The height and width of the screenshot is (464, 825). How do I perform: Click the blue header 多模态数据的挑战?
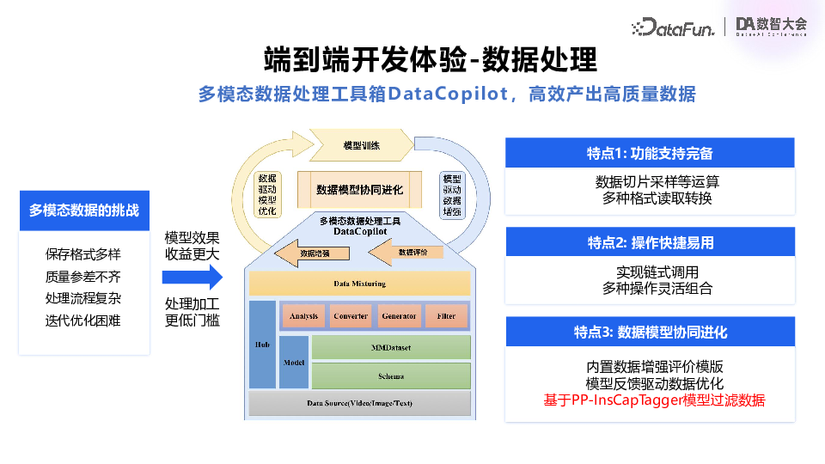tap(84, 210)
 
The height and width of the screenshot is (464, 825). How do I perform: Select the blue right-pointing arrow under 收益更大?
tap(192, 277)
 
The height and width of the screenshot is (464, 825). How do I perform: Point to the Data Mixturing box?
tap(359, 284)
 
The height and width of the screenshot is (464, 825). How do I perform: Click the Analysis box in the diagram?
tap(303, 316)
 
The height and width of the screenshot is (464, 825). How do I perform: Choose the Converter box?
tap(351, 316)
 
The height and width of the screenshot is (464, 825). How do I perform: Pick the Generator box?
tap(399, 316)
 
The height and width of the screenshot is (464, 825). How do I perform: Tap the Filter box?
tap(446, 316)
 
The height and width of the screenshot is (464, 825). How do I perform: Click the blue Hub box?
tap(262, 344)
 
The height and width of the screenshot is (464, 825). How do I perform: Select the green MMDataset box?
tap(391, 347)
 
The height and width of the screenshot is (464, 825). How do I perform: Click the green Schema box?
tap(391, 375)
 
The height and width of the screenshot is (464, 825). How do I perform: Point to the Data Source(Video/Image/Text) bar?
tap(359, 403)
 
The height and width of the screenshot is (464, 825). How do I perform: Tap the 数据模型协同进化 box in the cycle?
tap(359, 189)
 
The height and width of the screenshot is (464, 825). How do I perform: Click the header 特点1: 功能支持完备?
tap(650, 153)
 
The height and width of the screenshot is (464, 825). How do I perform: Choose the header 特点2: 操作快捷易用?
tap(650, 242)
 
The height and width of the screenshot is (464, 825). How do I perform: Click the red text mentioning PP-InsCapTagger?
tap(653, 400)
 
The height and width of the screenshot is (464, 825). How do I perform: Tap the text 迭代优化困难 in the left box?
tap(83, 321)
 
